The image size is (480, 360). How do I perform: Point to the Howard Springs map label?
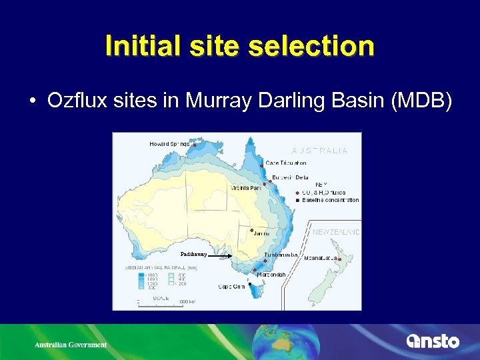(169, 143)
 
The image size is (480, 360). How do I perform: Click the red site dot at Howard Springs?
(194, 145)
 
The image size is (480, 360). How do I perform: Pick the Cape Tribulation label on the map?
(286, 163)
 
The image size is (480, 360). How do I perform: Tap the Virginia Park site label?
(245, 188)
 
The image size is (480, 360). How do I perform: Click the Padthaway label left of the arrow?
(194, 254)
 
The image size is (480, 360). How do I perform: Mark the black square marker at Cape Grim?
(249, 284)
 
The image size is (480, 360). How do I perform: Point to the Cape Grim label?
(232, 287)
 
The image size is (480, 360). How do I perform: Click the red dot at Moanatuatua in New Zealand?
(339, 259)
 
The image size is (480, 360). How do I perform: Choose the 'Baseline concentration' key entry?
(330, 200)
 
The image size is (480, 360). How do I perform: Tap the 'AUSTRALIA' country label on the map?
(319, 151)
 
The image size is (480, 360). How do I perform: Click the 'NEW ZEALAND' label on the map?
(337, 233)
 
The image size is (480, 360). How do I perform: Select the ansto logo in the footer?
(433, 341)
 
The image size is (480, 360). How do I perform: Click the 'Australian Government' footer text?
(70, 345)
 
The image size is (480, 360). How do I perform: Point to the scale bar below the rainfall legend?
(160, 302)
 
